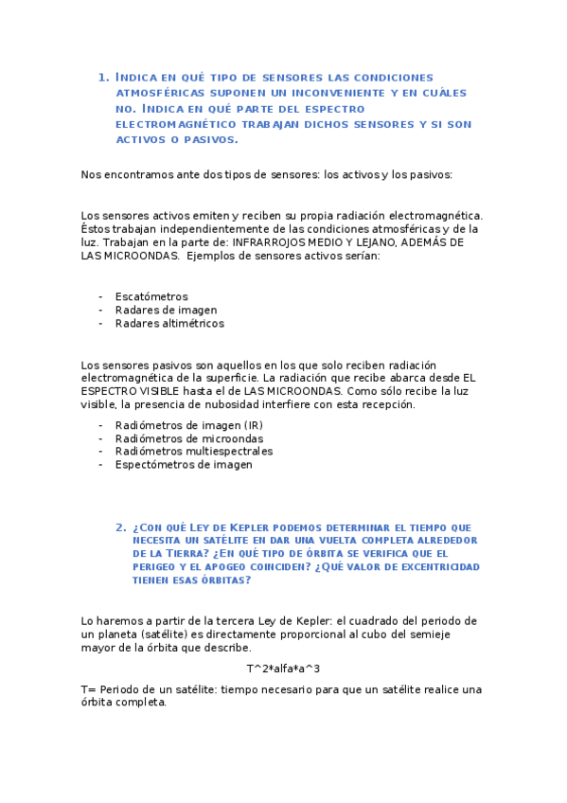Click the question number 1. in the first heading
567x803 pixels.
pos(104,77)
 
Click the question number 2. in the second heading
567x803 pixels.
pos(121,527)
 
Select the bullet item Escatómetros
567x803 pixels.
pos(151,296)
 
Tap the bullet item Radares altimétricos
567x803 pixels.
pos(169,323)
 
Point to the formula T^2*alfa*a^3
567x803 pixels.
pos(283,669)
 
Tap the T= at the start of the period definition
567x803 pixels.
pos(89,689)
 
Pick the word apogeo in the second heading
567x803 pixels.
pos(225,567)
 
